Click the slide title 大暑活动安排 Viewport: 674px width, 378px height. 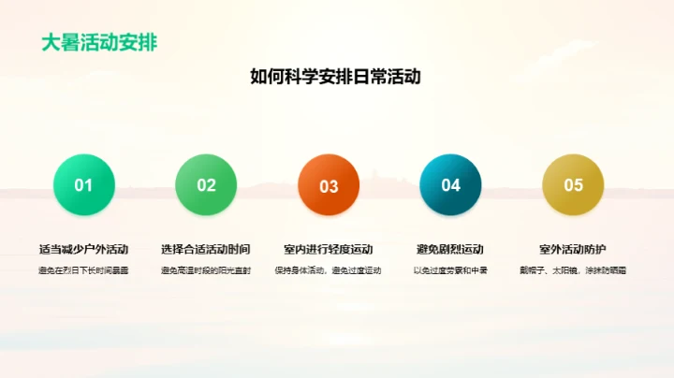(98, 43)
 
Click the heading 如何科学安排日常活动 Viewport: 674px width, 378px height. (336, 77)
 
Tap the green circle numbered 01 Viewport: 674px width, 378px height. (83, 185)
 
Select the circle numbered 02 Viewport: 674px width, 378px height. (206, 185)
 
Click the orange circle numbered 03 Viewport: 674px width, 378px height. (329, 185)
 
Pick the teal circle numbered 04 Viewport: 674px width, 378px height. (451, 185)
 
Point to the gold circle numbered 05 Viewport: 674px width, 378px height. (573, 185)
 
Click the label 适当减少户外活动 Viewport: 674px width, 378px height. (83, 250)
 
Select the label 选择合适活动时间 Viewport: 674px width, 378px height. (206, 250)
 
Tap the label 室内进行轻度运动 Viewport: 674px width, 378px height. (329, 250)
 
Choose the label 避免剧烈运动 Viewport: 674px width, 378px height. (450, 250)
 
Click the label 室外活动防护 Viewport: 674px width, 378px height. (573, 250)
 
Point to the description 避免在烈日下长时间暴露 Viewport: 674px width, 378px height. (83, 270)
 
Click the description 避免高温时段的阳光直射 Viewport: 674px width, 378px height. (206, 270)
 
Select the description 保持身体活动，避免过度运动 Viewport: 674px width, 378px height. (329, 270)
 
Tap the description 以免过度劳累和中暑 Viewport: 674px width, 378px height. (450, 270)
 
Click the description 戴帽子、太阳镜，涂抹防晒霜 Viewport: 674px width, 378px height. (573, 270)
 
